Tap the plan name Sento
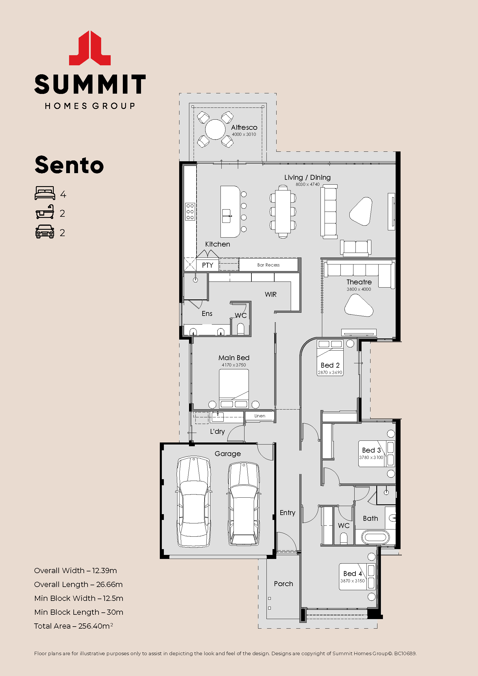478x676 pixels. [x=69, y=165]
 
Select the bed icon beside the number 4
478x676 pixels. [x=45, y=193]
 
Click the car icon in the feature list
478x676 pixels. [x=45, y=231]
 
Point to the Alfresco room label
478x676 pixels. [x=244, y=127]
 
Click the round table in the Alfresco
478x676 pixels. [x=215, y=129]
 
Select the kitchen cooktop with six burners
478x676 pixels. [x=190, y=211]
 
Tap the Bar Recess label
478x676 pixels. [x=268, y=265]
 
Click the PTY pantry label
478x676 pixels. [x=207, y=265]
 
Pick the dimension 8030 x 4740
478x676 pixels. [x=307, y=184]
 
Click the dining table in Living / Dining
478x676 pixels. [x=283, y=211]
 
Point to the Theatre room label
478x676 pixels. [x=359, y=282]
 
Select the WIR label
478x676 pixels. [x=271, y=295]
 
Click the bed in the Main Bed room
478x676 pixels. [x=234, y=389]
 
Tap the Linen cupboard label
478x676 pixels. [x=260, y=416]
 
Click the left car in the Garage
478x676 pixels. [x=194, y=502]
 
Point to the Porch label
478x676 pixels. [x=284, y=584]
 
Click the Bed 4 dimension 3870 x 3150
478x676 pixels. [x=352, y=581]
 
